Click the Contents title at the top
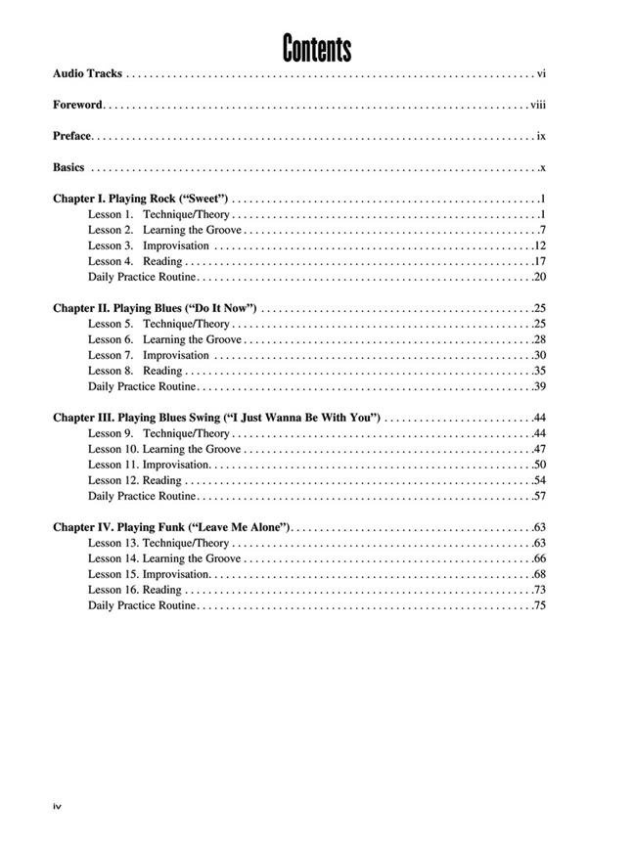316,47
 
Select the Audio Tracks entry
88,73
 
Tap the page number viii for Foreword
538,105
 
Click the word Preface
72,136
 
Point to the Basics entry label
69,167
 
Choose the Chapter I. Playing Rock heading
140,199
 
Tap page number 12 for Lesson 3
540,245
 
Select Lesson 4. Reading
135,261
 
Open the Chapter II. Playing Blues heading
155,308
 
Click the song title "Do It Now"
221,308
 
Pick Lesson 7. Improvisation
148,355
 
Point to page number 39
540,386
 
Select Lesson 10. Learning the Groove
164,449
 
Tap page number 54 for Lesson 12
540,480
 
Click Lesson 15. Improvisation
148,574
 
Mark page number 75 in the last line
540,605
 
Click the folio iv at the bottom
58,805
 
